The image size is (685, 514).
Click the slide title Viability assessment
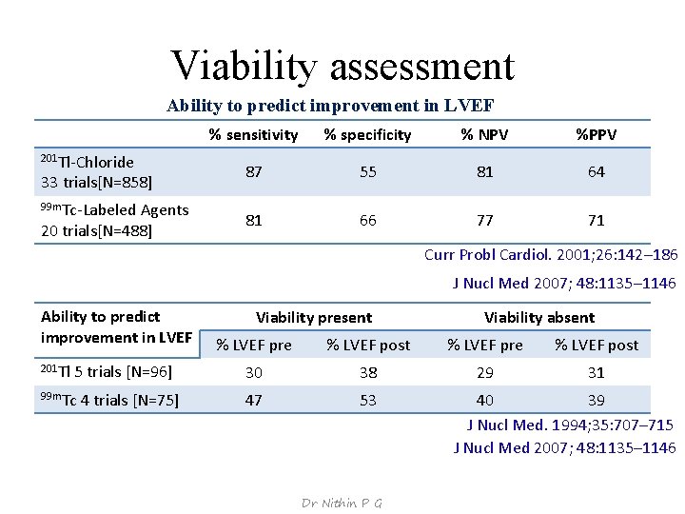(x=342, y=65)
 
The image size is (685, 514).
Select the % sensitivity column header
(x=253, y=135)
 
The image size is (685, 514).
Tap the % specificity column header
(x=367, y=135)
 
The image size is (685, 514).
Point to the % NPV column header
(x=485, y=135)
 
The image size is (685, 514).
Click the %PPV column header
(x=596, y=135)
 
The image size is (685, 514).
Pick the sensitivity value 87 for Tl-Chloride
(x=254, y=172)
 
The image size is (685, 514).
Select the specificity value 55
(x=368, y=172)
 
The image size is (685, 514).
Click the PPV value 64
(x=597, y=172)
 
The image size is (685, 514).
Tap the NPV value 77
(x=485, y=221)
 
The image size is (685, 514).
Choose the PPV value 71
(x=597, y=221)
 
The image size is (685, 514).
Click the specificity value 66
(x=368, y=221)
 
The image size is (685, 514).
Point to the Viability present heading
(x=314, y=318)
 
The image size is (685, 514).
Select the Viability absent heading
(x=539, y=318)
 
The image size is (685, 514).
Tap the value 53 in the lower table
(x=368, y=401)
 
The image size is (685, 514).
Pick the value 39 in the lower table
(x=597, y=401)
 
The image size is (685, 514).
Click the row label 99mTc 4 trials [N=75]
(x=110, y=401)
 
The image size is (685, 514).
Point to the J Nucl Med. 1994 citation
(x=570, y=425)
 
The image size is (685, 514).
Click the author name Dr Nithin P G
(x=342, y=503)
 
